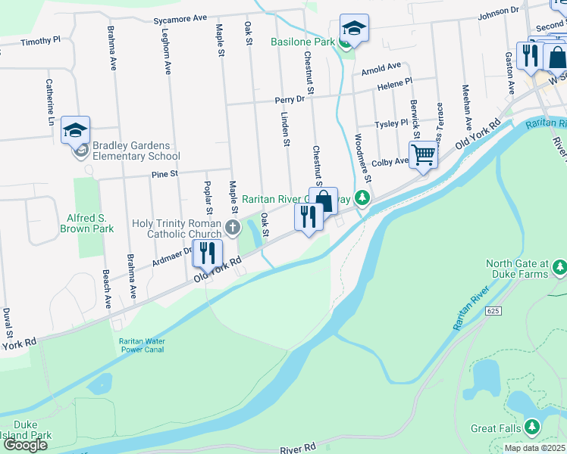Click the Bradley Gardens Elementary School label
pos(136,151)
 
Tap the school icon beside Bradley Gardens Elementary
pos(76,130)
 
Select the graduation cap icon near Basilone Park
pos(354,29)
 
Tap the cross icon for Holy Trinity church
pos(232,225)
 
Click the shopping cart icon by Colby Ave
pos(423,154)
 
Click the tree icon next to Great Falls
pos(532,428)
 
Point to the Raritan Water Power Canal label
pos(142,346)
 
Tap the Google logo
pos(24,445)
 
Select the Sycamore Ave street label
pos(180,17)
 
